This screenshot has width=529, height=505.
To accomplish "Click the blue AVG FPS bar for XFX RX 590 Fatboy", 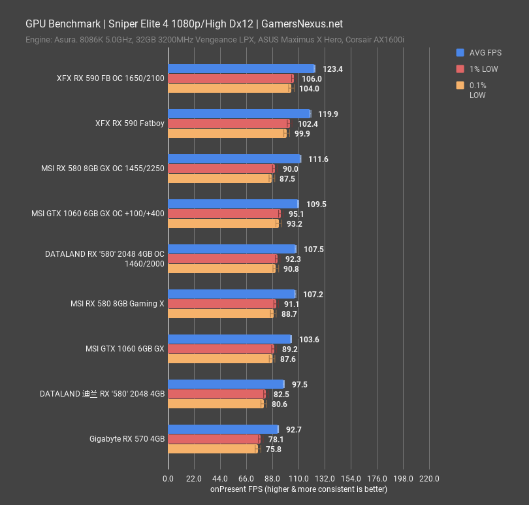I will [239, 114].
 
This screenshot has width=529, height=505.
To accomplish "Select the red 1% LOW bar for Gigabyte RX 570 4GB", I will [214, 439].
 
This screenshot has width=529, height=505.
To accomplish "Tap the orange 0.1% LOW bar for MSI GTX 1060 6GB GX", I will [220, 359].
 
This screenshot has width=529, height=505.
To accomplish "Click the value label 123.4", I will [333, 69].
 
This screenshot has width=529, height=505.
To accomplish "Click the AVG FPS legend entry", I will [484, 53].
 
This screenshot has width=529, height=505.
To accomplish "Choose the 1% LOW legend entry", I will [483, 69].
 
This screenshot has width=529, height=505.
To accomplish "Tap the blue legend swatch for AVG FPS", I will [460, 53].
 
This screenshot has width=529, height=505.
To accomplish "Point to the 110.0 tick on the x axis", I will [298, 479].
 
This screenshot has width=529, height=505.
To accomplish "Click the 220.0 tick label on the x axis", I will [429, 479].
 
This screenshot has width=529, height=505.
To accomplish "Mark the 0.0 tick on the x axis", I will [168, 479].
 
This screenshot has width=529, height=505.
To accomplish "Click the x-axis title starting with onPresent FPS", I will [298, 489].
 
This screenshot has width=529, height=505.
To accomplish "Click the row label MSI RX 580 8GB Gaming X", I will [118, 304].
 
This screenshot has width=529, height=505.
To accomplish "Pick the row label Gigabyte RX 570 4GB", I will [127, 439].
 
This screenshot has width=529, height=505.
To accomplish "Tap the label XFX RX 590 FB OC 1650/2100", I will [110, 78].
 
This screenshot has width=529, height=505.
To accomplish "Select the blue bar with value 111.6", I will [234, 159].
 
